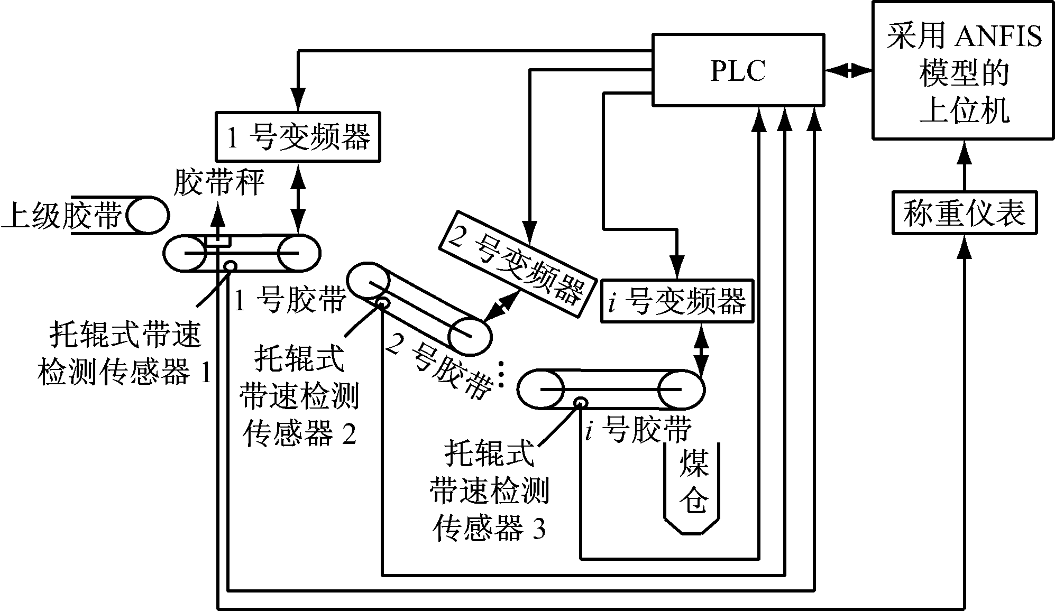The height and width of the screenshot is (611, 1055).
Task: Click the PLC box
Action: click(x=738, y=70)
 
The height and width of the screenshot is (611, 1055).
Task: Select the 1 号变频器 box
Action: click(x=298, y=136)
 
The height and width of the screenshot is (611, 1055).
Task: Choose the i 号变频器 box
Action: click(x=677, y=301)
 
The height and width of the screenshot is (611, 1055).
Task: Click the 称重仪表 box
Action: click(x=965, y=212)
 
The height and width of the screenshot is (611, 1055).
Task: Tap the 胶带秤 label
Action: click(x=218, y=183)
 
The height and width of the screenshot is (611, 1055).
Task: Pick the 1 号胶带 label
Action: click(x=289, y=300)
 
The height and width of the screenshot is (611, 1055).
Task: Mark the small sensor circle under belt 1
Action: click(x=230, y=266)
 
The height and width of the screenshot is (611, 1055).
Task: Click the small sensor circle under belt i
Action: click(x=581, y=402)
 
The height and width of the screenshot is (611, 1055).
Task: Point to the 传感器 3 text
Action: click(x=489, y=528)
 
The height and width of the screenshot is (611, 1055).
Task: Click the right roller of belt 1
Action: click(x=299, y=253)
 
